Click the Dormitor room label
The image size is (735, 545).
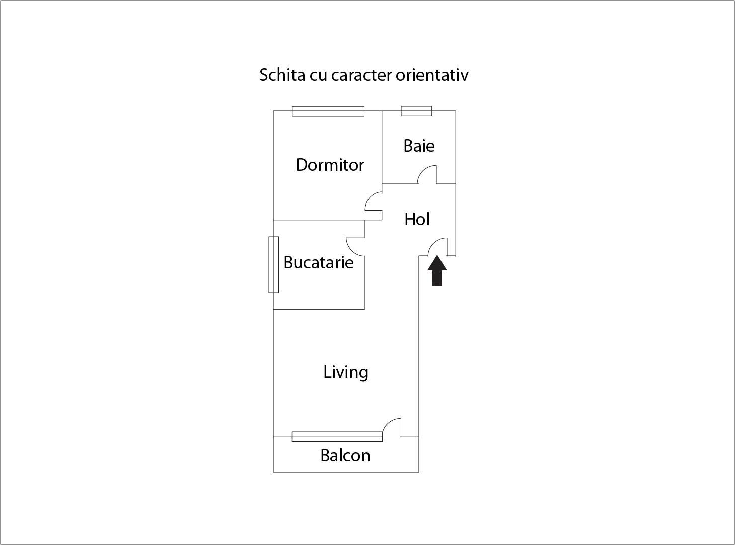(x=330, y=165)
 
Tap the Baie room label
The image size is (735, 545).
(x=419, y=146)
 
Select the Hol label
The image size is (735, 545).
(x=417, y=219)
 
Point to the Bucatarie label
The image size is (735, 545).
(x=319, y=262)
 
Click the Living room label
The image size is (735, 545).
(x=346, y=372)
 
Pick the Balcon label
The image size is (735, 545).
(x=345, y=455)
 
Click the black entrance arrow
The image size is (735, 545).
(x=437, y=270)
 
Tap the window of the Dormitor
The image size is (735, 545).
(x=328, y=111)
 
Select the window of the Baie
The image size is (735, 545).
(x=416, y=111)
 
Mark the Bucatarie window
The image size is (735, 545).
(x=274, y=265)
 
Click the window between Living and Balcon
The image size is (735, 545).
(x=337, y=437)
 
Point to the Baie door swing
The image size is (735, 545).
(x=422, y=170)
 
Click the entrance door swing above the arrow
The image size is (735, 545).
(x=433, y=243)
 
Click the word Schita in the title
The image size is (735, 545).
(x=282, y=75)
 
